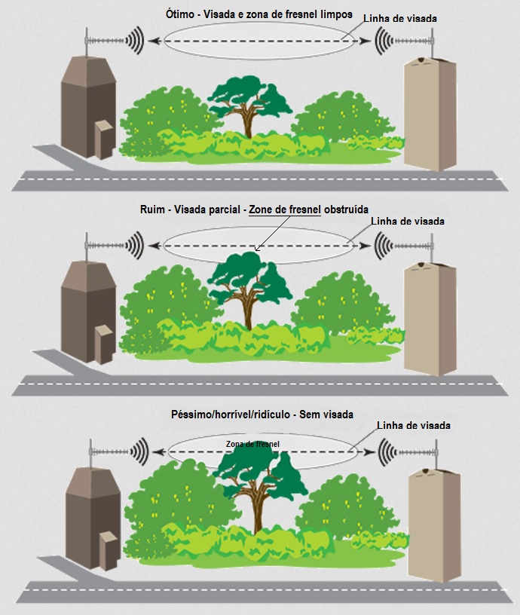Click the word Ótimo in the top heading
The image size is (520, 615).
(x=180, y=14)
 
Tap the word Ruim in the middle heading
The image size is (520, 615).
(x=152, y=209)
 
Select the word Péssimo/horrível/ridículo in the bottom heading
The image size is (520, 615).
(x=231, y=415)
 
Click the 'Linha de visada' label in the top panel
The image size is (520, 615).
(x=400, y=18)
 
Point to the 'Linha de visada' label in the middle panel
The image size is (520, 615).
(x=408, y=222)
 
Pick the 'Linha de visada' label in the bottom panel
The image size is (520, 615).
(x=414, y=426)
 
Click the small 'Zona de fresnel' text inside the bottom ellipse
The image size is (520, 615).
(x=252, y=444)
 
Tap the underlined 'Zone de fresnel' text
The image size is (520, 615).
(x=285, y=210)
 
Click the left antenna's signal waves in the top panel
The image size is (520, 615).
(x=134, y=40)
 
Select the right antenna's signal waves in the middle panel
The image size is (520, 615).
(x=383, y=246)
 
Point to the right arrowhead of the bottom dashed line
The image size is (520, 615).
(x=369, y=452)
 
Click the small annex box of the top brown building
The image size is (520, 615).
(x=104, y=139)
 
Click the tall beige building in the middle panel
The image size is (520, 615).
(x=430, y=319)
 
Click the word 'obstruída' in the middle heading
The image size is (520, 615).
(x=346, y=209)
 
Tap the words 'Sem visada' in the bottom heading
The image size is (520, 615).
(x=326, y=415)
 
